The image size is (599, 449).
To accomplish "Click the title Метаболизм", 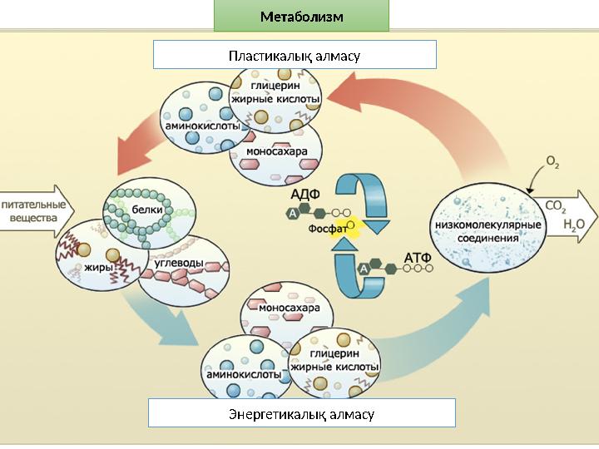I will [x=301, y=17].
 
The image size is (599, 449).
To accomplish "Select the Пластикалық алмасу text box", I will [x=295, y=56].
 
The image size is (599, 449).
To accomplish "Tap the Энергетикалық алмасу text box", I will [x=301, y=413].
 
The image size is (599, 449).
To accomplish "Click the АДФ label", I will [x=304, y=194].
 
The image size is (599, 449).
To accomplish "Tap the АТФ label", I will [x=417, y=257].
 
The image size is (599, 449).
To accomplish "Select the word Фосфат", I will [x=328, y=228].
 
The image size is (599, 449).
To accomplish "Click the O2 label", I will [x=552, y=161].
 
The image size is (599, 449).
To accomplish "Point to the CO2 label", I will [x=556, y=205].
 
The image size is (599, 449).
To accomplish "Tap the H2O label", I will [x=574, y=224].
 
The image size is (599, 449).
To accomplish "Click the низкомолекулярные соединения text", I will [x=488, y=231].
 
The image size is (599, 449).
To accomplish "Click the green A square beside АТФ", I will [x=364, y=269].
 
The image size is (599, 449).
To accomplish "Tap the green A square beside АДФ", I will [x=292, y=214].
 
